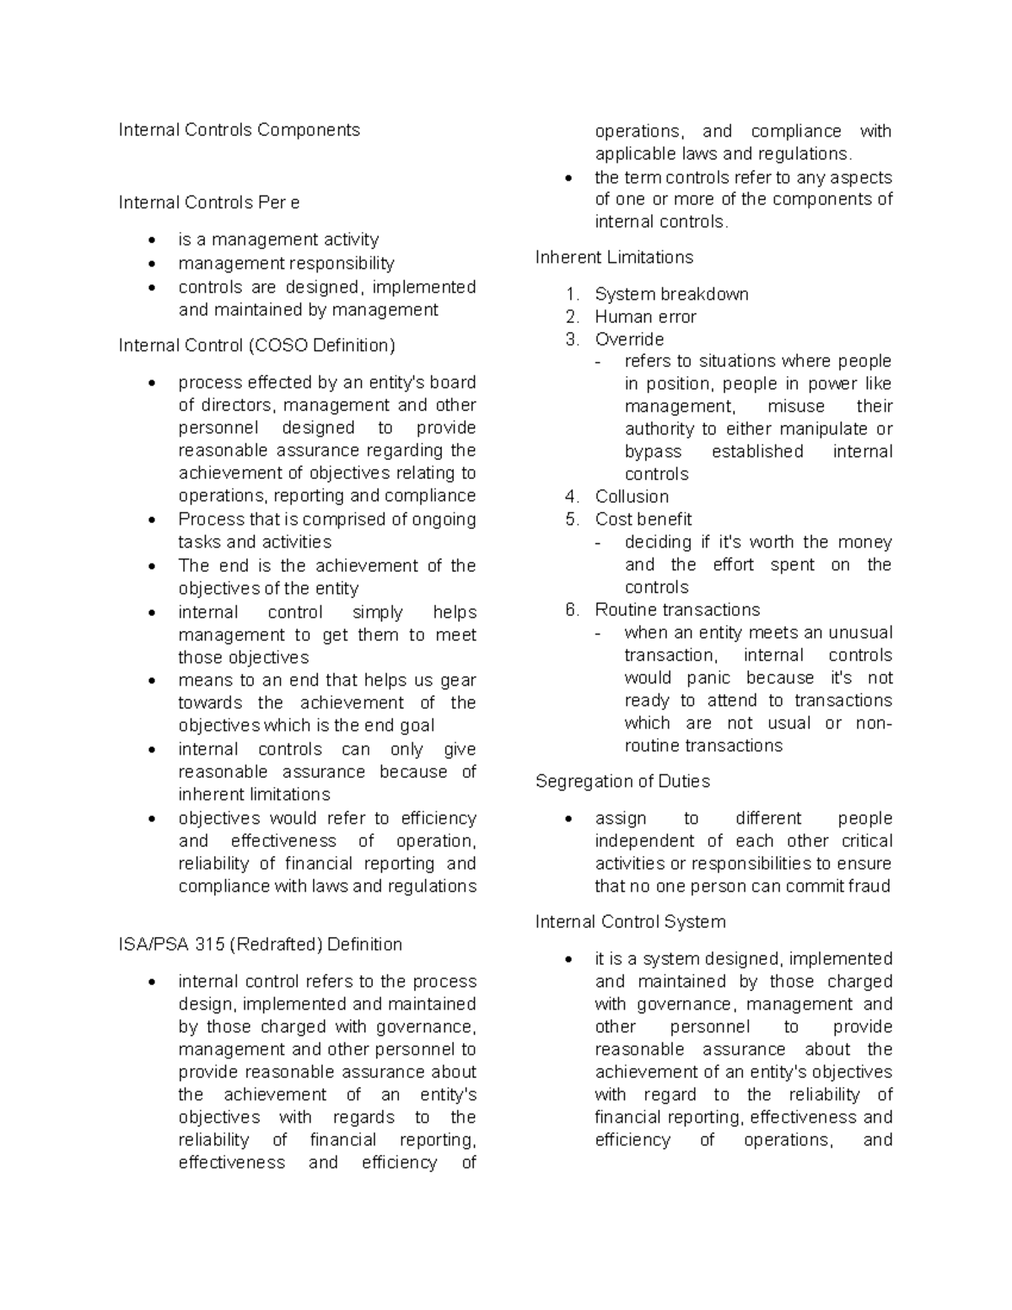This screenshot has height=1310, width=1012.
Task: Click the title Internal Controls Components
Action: click(239, 130)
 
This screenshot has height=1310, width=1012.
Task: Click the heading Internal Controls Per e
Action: click(208, 202)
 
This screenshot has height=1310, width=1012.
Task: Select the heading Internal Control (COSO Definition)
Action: click(256, 345)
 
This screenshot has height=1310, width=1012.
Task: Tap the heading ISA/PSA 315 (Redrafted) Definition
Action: click(260, 944)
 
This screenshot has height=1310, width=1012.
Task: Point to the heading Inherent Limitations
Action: click(613, 257)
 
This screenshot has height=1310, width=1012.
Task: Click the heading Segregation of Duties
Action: click(622, 781)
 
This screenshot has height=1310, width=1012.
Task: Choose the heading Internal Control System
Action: click(630, 922)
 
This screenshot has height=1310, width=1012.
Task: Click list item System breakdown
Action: click(671, 294)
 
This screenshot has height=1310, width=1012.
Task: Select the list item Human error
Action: click(645, 317)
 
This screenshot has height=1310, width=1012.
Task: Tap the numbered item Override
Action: click(629, 339)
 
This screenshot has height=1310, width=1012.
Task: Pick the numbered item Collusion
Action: click(632, 497)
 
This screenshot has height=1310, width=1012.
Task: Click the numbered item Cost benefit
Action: click(643, 520)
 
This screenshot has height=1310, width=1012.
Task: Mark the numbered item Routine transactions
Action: click(677, 610)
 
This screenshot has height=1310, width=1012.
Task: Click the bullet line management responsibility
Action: click(286, 263)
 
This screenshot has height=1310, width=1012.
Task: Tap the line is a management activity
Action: click(278, 240)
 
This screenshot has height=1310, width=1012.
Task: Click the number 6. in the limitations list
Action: click(573, 610)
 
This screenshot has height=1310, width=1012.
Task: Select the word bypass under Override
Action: click(653, 451)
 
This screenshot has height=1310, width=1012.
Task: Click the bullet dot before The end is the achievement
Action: click(152, 567)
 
